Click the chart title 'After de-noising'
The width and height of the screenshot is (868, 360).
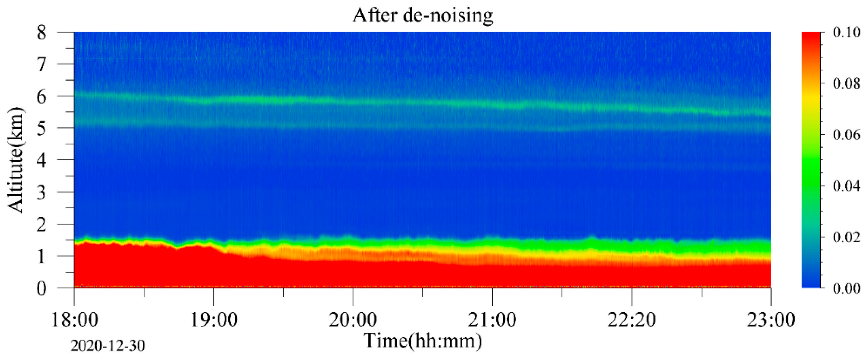tap(423, 15)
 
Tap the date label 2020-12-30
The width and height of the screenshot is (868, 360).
tap(107, 346)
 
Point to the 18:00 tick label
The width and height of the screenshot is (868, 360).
tap(74, 319)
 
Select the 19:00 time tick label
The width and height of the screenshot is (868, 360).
tap(214, 319)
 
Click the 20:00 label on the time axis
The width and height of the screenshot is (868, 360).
tap(353, 319)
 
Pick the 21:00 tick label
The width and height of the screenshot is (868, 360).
tap(492, 319)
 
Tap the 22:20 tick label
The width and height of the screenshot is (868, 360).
tap(632, 319)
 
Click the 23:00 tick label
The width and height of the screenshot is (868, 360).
tap(771, 319)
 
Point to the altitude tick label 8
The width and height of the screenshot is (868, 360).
tap(41, 33)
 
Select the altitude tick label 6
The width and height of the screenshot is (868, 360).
tap(41, 97)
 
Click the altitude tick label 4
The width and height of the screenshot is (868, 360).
tap(41, 161)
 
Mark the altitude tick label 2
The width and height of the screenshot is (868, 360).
tap(41, 225)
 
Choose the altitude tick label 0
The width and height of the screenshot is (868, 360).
tap(41, 288)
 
